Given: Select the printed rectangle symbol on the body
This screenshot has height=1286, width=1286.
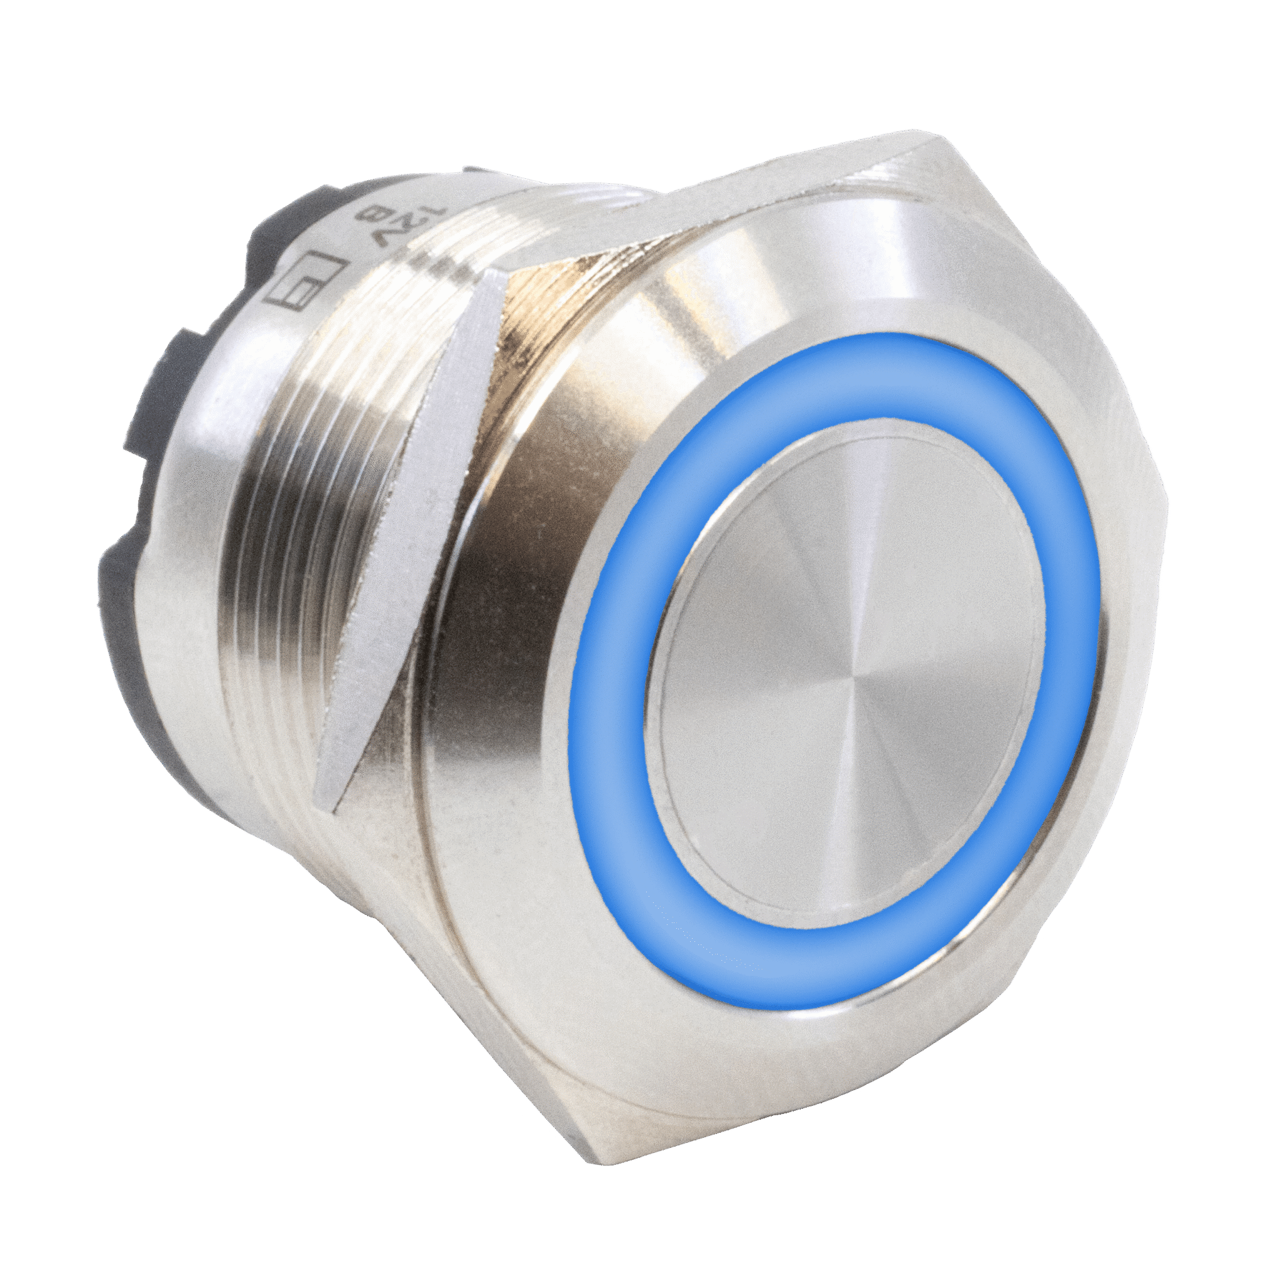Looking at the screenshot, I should pos(303,283).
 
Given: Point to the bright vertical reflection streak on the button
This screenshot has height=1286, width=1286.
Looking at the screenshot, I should pos(865,532).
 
